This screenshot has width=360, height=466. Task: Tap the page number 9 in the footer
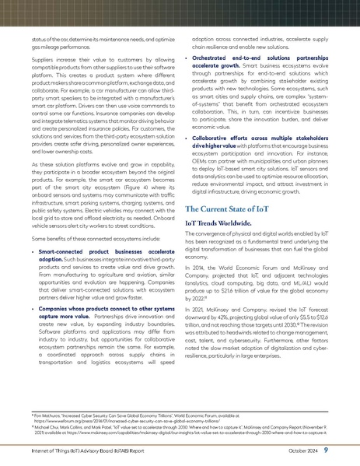(x=347, y=449)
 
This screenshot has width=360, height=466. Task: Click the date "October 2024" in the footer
(x=318, y=450)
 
